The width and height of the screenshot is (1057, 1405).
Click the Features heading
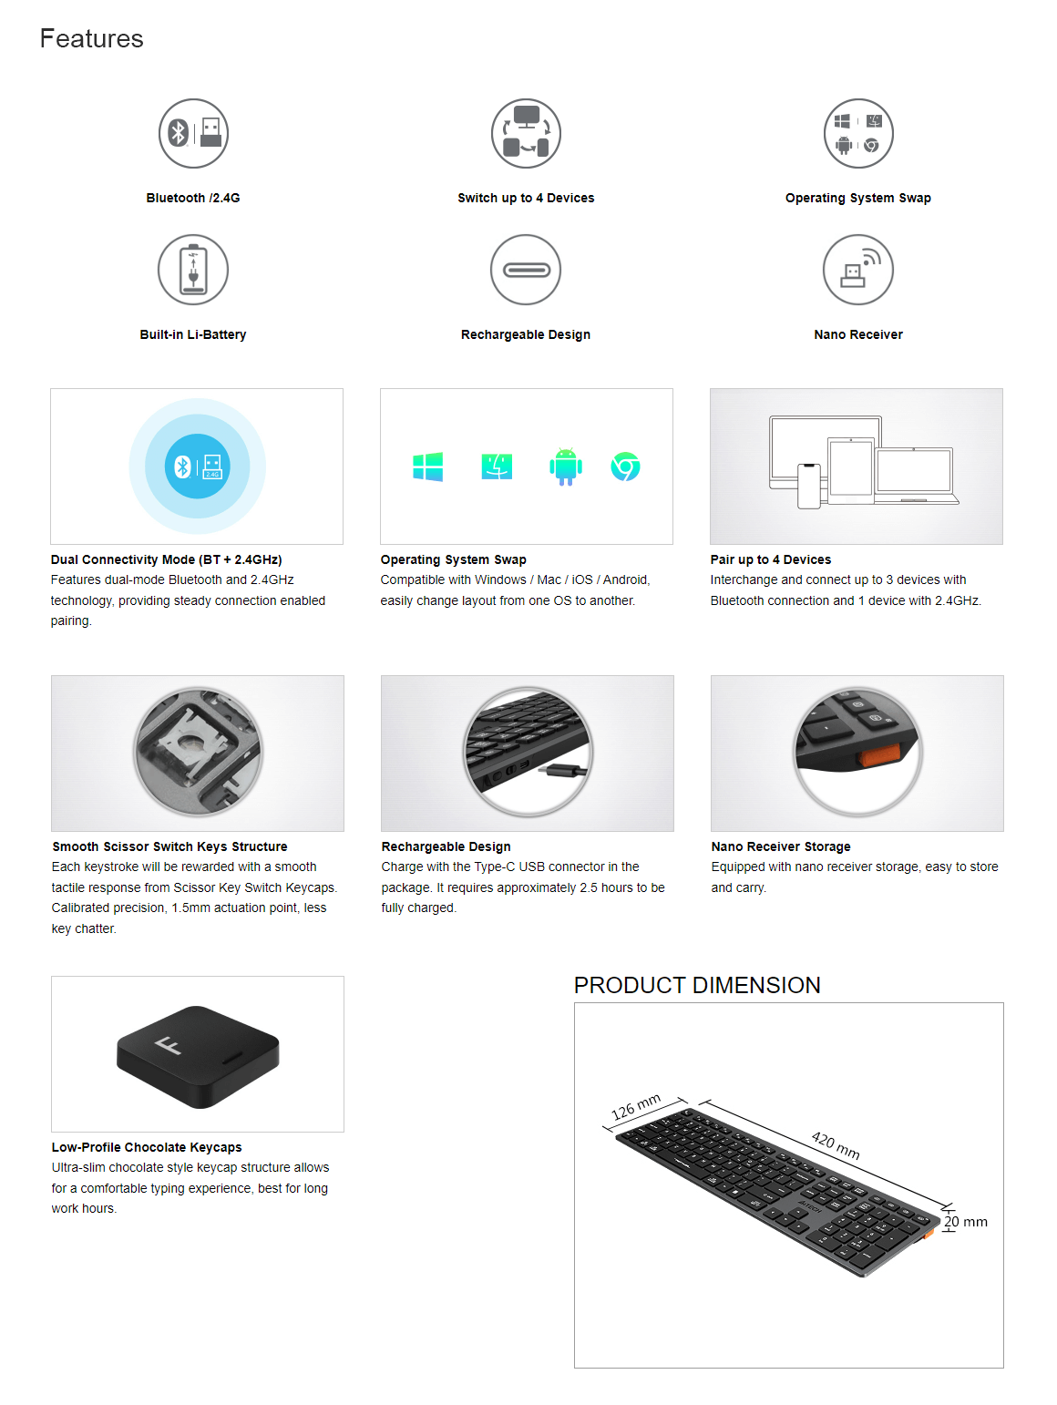[x=91, y=38]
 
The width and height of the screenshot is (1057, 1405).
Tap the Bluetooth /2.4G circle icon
[x=193, y=133]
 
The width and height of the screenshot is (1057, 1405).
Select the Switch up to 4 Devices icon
[x=526, y=133]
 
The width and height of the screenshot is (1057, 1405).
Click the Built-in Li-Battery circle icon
[x=193, y=270]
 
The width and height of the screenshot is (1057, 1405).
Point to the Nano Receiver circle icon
[x=858, y=270]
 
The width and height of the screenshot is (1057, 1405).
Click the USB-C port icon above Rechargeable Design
[x=526, y=270]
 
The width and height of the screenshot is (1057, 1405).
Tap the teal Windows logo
[x=427, y=466]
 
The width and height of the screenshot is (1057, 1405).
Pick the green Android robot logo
[x=566, y=466]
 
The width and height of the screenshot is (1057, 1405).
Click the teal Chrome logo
[x=625, y=466]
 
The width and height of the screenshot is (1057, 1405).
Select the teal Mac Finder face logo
[x=497, y=466]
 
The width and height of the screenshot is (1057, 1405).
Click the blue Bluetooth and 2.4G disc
[x=197, y=466]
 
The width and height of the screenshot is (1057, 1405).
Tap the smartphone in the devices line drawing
[x=809, y=486]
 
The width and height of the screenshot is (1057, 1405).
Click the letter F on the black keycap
[x=169, y=1045]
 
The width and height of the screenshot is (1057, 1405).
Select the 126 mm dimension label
[x=635, y=1107]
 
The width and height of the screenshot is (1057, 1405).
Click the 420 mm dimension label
[x=836, y=1145]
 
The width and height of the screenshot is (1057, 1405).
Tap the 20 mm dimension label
[x=966, y=1221]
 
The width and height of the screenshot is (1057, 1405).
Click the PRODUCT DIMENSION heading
[x=697, y=985]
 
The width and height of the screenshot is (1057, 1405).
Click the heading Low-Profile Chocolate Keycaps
[x=147, y=1147]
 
